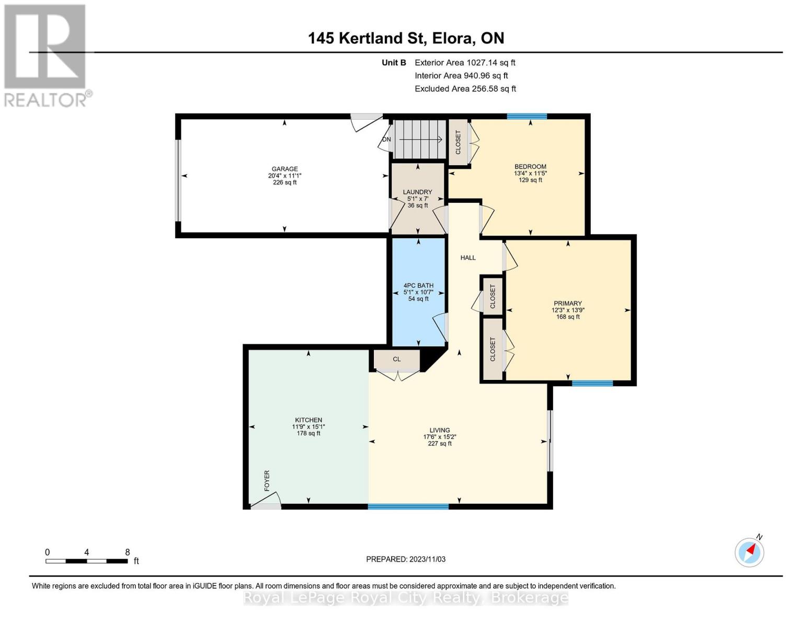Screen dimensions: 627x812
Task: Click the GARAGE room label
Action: pyautogui.click(x=284, y=169)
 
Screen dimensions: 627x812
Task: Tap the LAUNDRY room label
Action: pyautogui.click(x=417, y=192)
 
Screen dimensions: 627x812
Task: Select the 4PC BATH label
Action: pyautogui.click(x=418, y=286)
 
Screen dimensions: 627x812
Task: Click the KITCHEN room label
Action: pyautogui.click(x=308, y=420)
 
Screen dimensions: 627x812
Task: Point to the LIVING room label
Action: pyautogui.click(x=440, y=431)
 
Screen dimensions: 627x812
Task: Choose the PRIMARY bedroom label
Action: pyautogui.click(x=568, y=304)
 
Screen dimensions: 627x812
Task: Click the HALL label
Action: pyautogui.click(x=468, y=258)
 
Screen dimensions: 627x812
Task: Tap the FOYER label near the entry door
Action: pyautogui.click(x=267, y=481)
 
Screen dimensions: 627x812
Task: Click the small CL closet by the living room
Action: pyautogui.click(x=397, y=359)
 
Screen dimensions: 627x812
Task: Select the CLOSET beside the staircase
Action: pyautogui.click(x=459, y=142)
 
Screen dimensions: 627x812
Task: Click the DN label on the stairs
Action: pyautogui.click(x=386, y=140)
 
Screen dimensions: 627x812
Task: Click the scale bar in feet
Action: pyautogui.click(x=87, y=561)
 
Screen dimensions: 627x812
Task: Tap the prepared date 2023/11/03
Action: pyautogui.click(x=406, y=559)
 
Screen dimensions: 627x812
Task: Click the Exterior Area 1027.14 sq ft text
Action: pyautogui.click(x=465, y=63)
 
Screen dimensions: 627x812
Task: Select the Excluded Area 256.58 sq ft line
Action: pyautogui.click(x=465, y=89)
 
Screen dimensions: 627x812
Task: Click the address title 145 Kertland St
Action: pyautogui.click(x=406, y=38)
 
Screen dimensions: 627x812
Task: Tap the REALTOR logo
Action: pyautogui.click(x=46, y=55)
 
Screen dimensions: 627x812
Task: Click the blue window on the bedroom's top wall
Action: pyautogui.click(x=527, y=117)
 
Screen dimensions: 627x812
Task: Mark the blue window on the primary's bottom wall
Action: pyautogui.click(x=592, y=384)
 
